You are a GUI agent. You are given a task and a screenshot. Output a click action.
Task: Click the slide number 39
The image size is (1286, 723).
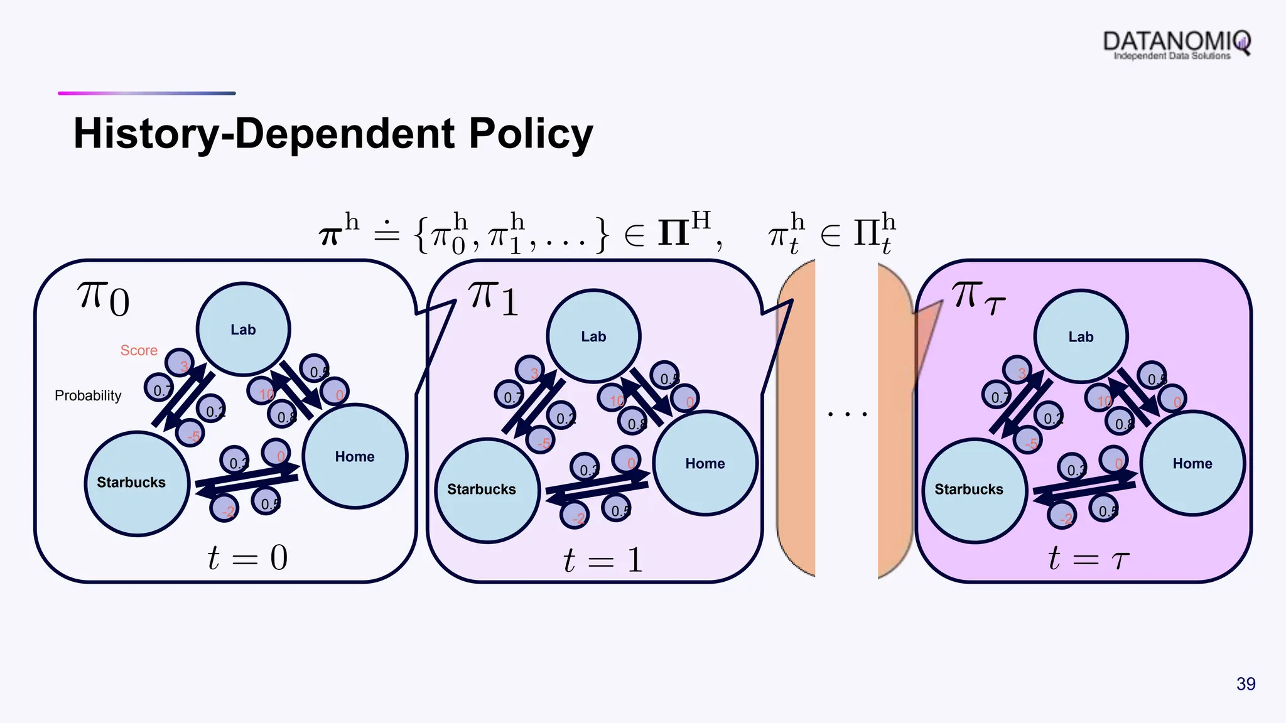click(x=1246, y=683)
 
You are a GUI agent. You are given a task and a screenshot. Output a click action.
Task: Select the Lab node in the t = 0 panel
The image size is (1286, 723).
click(x=243, y=329)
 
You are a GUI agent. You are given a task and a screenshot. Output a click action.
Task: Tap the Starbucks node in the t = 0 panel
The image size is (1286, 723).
click(x=137, y=483)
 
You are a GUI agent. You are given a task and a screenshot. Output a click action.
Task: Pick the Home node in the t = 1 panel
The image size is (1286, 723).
click(x=705, y=463)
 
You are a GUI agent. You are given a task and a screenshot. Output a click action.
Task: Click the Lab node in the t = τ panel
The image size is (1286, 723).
click(x=1081, y=336)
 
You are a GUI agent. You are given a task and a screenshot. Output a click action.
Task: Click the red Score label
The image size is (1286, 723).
click(x=139, y=350)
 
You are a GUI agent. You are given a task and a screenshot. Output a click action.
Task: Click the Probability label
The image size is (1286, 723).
click(x=88, y=395)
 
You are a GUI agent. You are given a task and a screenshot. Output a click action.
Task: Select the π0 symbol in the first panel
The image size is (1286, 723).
click(x=103, y=299)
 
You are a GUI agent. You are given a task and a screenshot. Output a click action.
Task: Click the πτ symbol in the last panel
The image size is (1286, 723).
click(x=977, y=297)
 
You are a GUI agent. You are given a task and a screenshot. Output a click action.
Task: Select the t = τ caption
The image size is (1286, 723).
click(x=1088, y=558)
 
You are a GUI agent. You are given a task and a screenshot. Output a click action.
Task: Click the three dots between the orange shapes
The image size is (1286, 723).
click(x=847, y=414)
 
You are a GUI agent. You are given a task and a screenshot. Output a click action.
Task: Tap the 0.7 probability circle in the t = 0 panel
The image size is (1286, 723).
click(x=159, y=390)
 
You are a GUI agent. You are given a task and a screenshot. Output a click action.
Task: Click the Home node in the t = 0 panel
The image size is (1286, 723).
click(x=355, y=456)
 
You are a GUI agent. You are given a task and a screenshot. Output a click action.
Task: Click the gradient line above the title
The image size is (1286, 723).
click(x=146, y=94)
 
